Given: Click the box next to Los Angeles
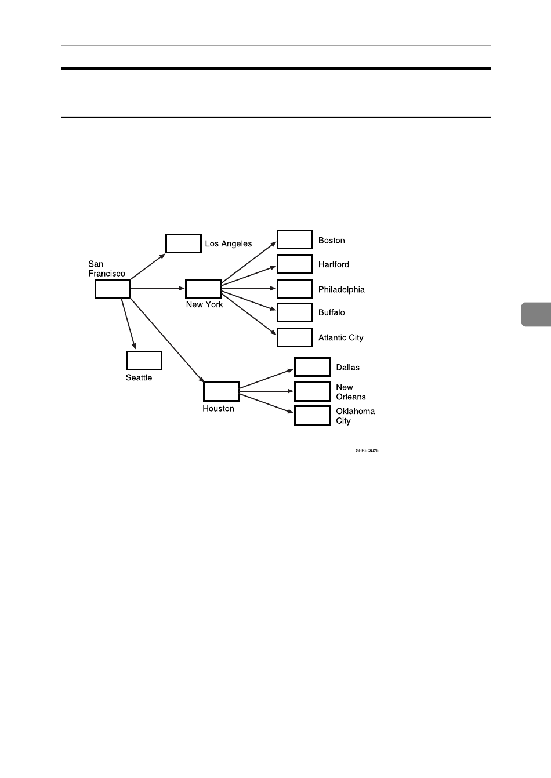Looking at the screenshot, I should tap(183, 243).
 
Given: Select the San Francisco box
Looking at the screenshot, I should tap(113, 289).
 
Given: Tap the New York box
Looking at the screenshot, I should tap(203, 288).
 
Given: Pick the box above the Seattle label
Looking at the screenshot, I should tap(144, 361).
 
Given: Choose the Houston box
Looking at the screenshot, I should tap(221, 391).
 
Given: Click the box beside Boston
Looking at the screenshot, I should tap(295, 239).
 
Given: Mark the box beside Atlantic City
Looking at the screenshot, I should tap(295, 337).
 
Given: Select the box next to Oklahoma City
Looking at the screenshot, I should tap(312, 416).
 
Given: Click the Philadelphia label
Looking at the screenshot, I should tap(342, 289).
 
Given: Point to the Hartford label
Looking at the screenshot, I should tap(333, 264).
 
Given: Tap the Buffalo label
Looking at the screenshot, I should tap(331, 312).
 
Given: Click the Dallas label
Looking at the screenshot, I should tap(347, 368).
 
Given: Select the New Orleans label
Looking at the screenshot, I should tap(350, 392).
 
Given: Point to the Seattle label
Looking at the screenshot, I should tap(139, 377).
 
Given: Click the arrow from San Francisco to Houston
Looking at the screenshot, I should tap(166, 340).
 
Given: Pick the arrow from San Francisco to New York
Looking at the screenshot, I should tap(157, 288).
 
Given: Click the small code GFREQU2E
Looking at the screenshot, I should tap(367, 450).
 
